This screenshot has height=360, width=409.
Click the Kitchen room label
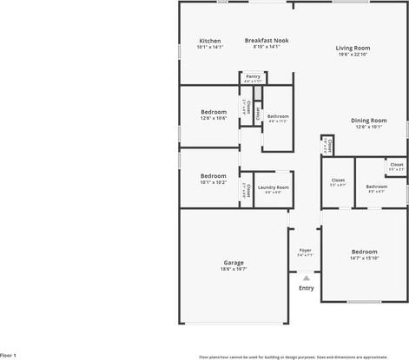[x=210, y=41]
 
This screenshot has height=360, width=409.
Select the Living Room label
[x=353, y=48]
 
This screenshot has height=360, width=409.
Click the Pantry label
[x=253, y=76]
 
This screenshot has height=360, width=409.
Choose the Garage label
[x=234, y=262]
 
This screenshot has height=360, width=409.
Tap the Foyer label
[x=305, y=251]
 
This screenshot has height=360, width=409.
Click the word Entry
[x=306, y=288]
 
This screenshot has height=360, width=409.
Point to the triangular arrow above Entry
[x=306, y=278]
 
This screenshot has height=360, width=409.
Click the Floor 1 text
[x=9, y=355]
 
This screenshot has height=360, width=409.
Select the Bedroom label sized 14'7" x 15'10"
[x=364, y=252]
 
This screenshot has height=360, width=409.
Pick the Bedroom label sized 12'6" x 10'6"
[x=214, y=112]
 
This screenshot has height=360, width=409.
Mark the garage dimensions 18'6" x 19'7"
[x=234, y=269]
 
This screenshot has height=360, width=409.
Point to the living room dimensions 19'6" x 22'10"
[x=353, y=54]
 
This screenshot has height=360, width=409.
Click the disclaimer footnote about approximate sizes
[x=305, y=356]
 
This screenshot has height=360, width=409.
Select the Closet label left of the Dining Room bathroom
[x=338, y=180]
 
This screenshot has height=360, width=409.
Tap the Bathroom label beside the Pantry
[x=278, y=116]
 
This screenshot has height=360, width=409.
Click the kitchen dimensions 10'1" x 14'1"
[x=210, y=47]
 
